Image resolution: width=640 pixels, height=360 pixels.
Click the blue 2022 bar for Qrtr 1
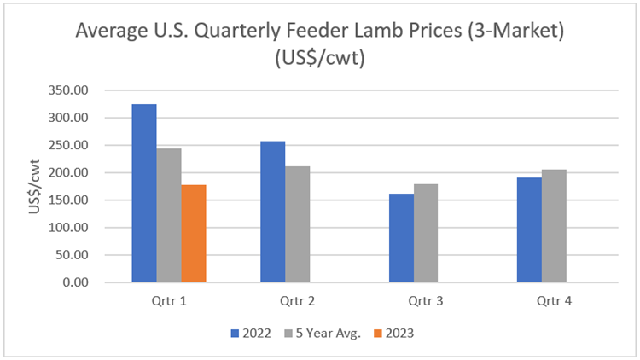pyautogui.click(x=144, y=193)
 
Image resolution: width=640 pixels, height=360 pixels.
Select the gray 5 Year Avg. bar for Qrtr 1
pyautogui.click(x=169, y=215)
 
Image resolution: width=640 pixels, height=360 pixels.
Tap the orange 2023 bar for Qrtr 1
pyautogui.click(x=194, y=233)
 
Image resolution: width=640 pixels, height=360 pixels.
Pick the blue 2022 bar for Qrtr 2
pyautogui.click(x=272, y=212)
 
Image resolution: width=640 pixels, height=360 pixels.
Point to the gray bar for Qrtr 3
pyautogui.click(x=426, y=233)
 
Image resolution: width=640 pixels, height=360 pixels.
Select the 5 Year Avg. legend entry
pyautogui.click(x=325, y=333)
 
